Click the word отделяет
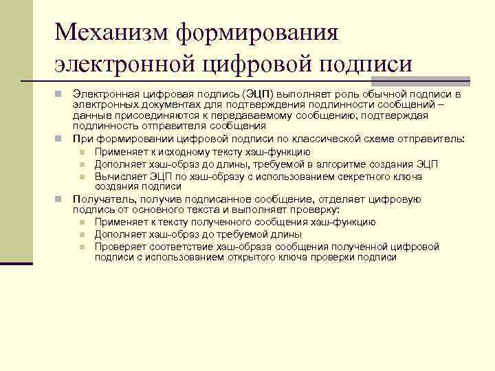338,199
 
